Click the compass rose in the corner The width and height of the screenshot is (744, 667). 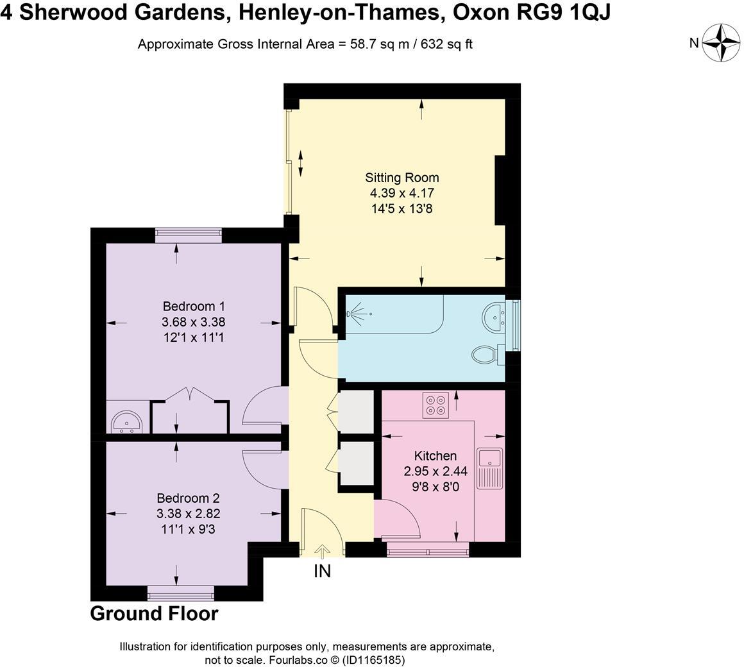[722, 43]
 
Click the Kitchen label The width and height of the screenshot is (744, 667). [435, 456]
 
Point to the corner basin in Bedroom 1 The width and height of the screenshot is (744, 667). [126, 422]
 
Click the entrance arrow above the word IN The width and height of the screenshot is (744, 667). [322, 550]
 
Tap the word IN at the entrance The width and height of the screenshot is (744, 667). [322, 571]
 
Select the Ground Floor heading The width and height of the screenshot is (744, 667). [154, 614]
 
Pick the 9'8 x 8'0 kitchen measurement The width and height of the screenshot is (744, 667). [435, 486]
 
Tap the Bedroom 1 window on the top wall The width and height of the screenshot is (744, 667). [188, 235]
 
